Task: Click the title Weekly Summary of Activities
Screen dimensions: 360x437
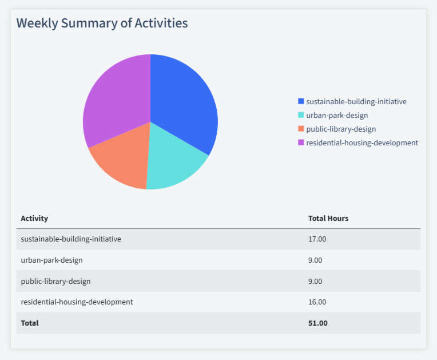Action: (x=102, y=23)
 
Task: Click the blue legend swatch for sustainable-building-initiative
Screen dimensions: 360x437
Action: (x=301, y=101)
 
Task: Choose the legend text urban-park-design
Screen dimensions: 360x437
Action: (x=337, y=115)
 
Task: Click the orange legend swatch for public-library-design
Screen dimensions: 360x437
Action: (x=301, y=129)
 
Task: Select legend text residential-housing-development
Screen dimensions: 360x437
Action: (x=362, y=143)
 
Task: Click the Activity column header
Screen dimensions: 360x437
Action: (x=34, y=218)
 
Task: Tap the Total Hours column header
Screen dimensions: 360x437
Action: (x=328, y=218)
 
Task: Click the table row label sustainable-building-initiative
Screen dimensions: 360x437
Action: (x=71, y=239)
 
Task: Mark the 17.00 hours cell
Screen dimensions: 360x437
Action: (x=317, y=239)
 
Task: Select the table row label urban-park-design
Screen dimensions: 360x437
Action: (x=51, y=260)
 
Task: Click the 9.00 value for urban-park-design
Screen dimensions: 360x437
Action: (x=315, y=260)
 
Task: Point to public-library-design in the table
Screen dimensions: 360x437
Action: (x=55, y=282)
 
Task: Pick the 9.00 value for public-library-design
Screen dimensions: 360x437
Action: (x=315, y=282)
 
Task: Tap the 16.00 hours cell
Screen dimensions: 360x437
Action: (x=317, y=302)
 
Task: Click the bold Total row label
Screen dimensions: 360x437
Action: (x=30, y=323)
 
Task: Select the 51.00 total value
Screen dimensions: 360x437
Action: (x=317, y=323)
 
